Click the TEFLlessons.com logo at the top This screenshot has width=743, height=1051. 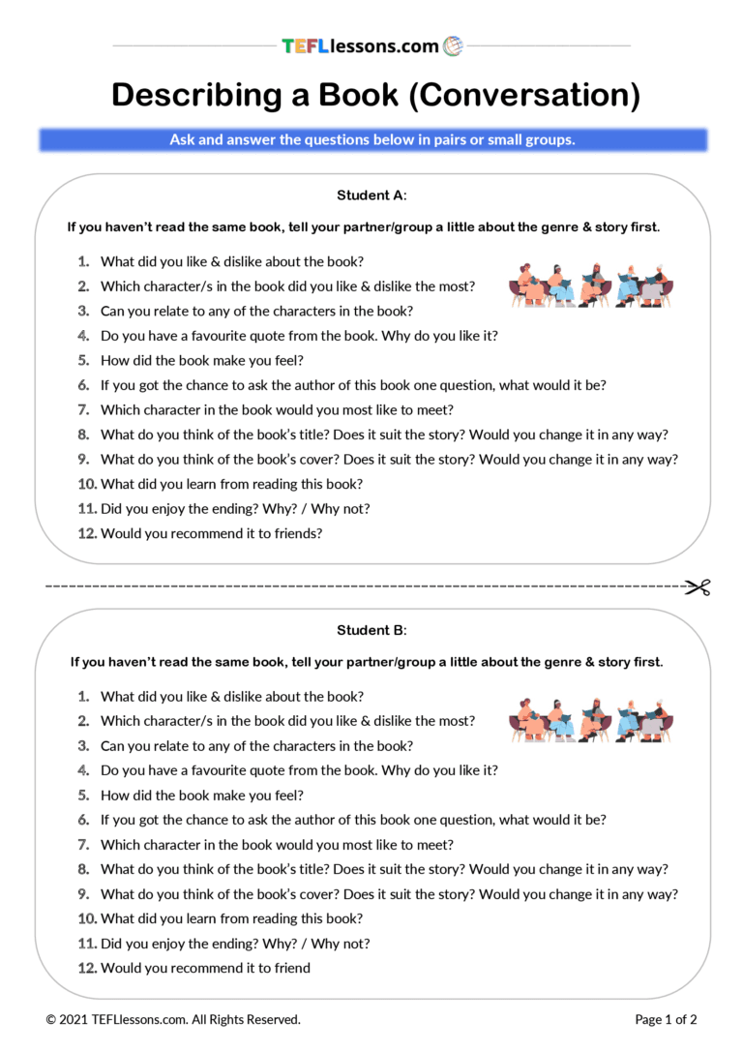pyautogui.click(x=371, y=45)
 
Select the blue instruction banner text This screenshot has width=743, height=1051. pyautogui.click(x=372, y=139)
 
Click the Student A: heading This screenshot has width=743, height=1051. pyautogui.click(x=371, y=195)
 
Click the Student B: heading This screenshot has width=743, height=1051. pyautogui.click(x=371, y=630)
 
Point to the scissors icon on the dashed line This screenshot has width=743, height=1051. pyautogui.click(x=698, y=586)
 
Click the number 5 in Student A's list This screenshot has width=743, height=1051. pyautogui.click(x=83, y=360)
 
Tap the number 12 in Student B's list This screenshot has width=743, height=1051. pyautogui.click(x=87, y=968)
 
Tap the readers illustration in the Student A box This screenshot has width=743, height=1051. pyautogui.click(x=591, y=285)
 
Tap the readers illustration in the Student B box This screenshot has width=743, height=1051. pyautogui.click(x=591, y=719)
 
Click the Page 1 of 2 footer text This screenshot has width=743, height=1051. pyautogui.click(x=666, y=1019)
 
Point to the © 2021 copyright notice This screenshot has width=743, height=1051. pyautogui.click(x=173, y=1019)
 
